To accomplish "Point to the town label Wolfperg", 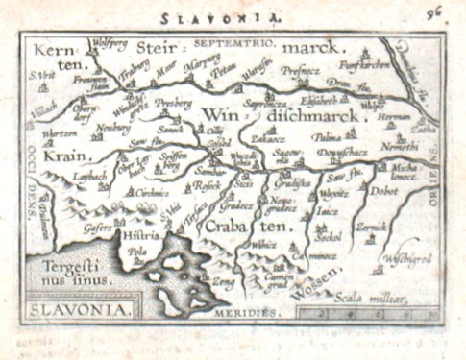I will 108,42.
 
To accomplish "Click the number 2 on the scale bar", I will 329,312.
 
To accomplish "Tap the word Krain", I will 60,154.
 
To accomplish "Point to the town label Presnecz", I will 300,69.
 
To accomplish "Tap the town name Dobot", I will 386,191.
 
